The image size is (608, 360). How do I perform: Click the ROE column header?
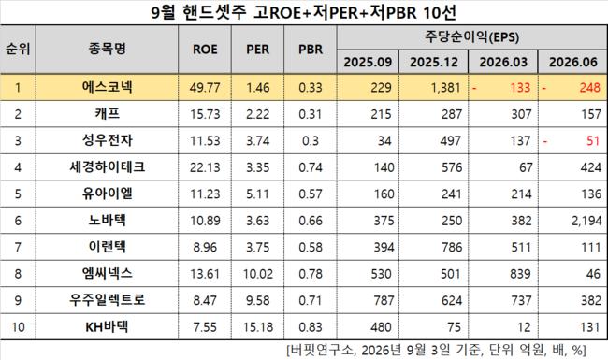tap(205, 50)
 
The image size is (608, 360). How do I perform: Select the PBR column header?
tap(311, 50)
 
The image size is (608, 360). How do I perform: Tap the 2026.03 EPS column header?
tap(503, 62)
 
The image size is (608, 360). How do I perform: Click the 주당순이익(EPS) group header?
tap(471, 37)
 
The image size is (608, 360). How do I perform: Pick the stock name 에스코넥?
tap(107, 87)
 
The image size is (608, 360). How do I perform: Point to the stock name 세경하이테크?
tap(107, 167)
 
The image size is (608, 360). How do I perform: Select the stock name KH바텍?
tap(107, 326)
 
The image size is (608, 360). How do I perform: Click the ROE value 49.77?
tap(205, 88)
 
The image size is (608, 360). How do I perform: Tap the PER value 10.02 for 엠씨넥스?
tap(258, 274)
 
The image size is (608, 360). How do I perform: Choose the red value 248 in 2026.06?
tap(590, 88)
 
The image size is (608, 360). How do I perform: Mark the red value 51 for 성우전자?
tap(593, 140)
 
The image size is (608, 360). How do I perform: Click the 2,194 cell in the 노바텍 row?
tap(586, 221)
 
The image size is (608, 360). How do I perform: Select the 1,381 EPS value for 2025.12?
tap(445, 88)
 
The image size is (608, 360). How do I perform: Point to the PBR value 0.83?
tap(311, 327)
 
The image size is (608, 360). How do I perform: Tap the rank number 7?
tap(18, 247)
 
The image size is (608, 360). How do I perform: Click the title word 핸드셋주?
tap(214, 13)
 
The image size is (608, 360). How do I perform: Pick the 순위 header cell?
tap(18, 50)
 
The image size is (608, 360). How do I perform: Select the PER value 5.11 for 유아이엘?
tap(258, 194)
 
